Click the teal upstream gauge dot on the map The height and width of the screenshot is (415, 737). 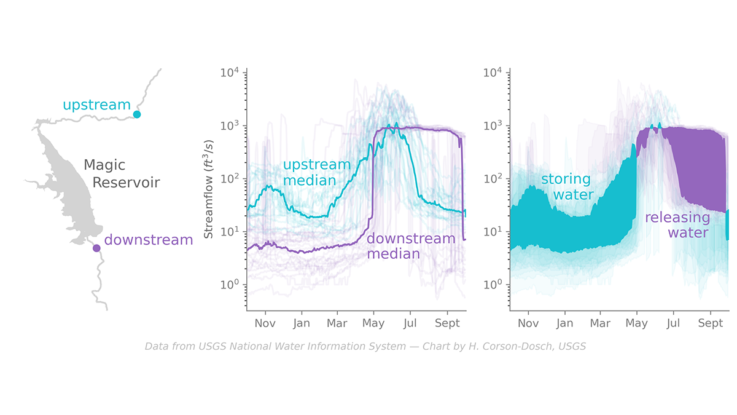pos(137,114)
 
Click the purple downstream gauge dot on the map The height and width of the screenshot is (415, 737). pos(96,248)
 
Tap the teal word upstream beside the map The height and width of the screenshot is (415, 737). pos(96,105)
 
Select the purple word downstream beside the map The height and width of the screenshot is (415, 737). pos(149,240)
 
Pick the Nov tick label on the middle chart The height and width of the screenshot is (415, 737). pos(265,323)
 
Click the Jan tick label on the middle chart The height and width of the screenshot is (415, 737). pos(302,323)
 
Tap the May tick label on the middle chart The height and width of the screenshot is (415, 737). pos(373,323)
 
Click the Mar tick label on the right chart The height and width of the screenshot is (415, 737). pos(600,323)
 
